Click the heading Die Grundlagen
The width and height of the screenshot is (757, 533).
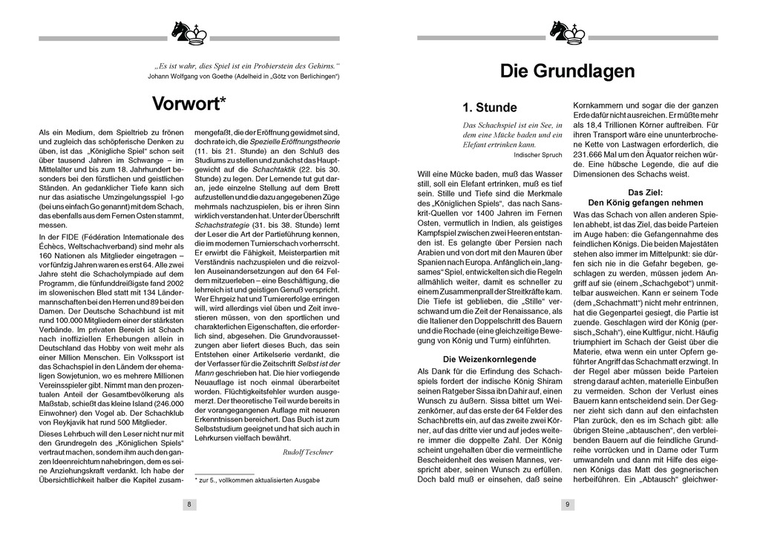point(567,71)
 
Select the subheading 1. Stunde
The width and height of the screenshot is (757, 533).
point(489,108)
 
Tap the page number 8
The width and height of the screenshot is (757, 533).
point(189,505)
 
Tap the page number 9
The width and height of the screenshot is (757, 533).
point(567,505)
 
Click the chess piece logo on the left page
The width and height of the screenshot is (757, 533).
point(189,33)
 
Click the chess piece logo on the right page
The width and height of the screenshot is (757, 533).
point(567,33)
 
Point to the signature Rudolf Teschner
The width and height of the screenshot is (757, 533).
point(308,451)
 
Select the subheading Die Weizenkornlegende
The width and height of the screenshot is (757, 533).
point(489,359)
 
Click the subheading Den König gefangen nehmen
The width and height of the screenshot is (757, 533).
point(645,202)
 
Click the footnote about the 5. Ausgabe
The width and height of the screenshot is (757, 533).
point(257,480)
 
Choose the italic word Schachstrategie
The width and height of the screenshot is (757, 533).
point(221,224)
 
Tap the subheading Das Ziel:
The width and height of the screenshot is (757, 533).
point(645,192)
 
